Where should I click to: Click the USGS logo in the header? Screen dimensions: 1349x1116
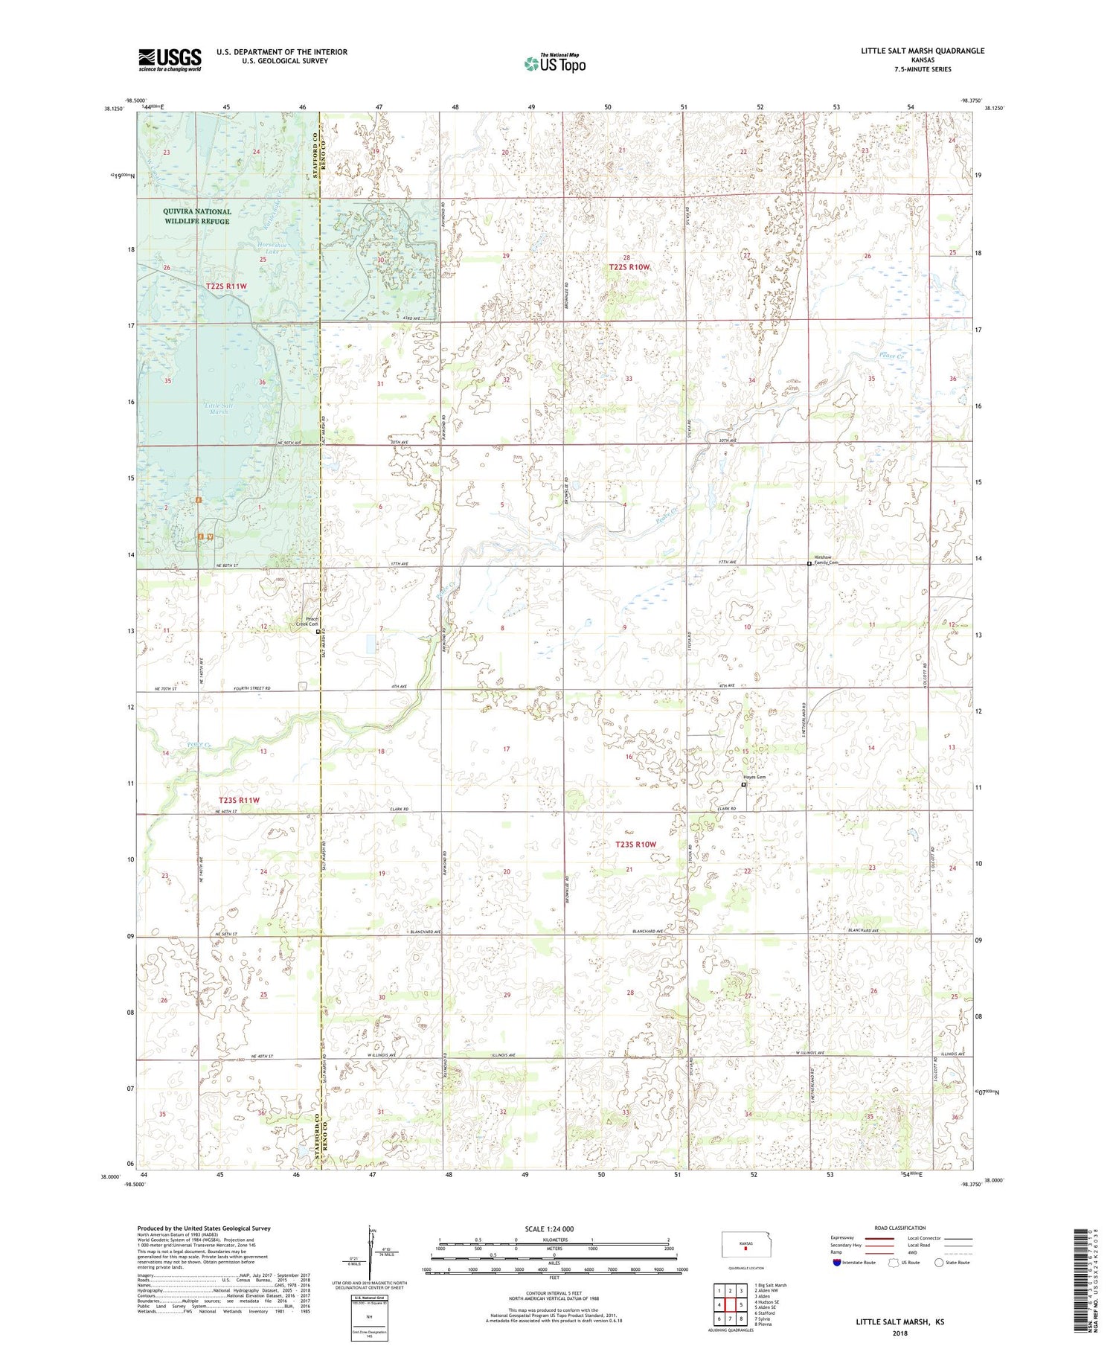point(170,60)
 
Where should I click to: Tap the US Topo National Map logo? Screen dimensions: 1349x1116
point(554,63)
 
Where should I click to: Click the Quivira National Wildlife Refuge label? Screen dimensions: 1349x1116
point(197,217)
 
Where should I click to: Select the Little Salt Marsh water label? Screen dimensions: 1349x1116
point(219,408)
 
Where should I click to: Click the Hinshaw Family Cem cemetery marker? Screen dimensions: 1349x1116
point(809,564)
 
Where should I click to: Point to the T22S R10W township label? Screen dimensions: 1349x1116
point(629,267)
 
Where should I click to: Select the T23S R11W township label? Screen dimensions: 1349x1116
point(240,800)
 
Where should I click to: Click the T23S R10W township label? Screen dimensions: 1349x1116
point(636,845)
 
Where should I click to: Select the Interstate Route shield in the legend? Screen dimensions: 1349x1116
point(837,1263)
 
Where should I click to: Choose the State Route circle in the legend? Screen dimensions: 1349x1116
point(939,1263)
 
